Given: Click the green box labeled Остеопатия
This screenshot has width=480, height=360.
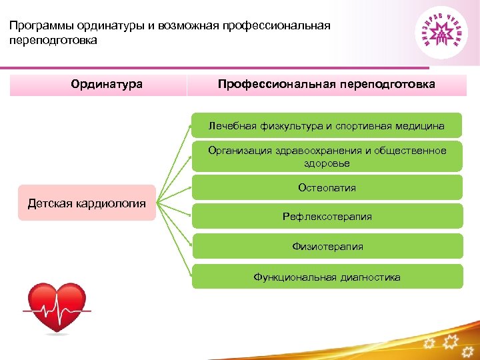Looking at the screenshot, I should (327, 187).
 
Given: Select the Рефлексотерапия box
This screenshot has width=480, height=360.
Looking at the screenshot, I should (327, 217).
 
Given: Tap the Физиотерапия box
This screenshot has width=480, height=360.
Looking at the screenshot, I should (327, 247).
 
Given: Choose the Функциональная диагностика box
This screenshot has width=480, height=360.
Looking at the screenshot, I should (327, 277).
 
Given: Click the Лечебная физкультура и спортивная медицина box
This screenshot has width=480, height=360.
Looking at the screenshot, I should (327, 125).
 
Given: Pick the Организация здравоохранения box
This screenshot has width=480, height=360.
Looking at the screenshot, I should (327, 157).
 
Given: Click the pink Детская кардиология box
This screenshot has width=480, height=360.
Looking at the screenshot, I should (86, 203).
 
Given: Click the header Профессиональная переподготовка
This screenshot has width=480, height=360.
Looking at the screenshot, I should (327, 85).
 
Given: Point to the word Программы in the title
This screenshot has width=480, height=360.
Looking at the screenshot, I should (39, 26).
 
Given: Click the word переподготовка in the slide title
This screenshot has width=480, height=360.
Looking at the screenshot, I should (53, 41).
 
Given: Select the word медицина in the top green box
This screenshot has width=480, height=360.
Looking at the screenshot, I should (423, 125).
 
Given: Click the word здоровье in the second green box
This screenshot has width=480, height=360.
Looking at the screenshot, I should (327, 163).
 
